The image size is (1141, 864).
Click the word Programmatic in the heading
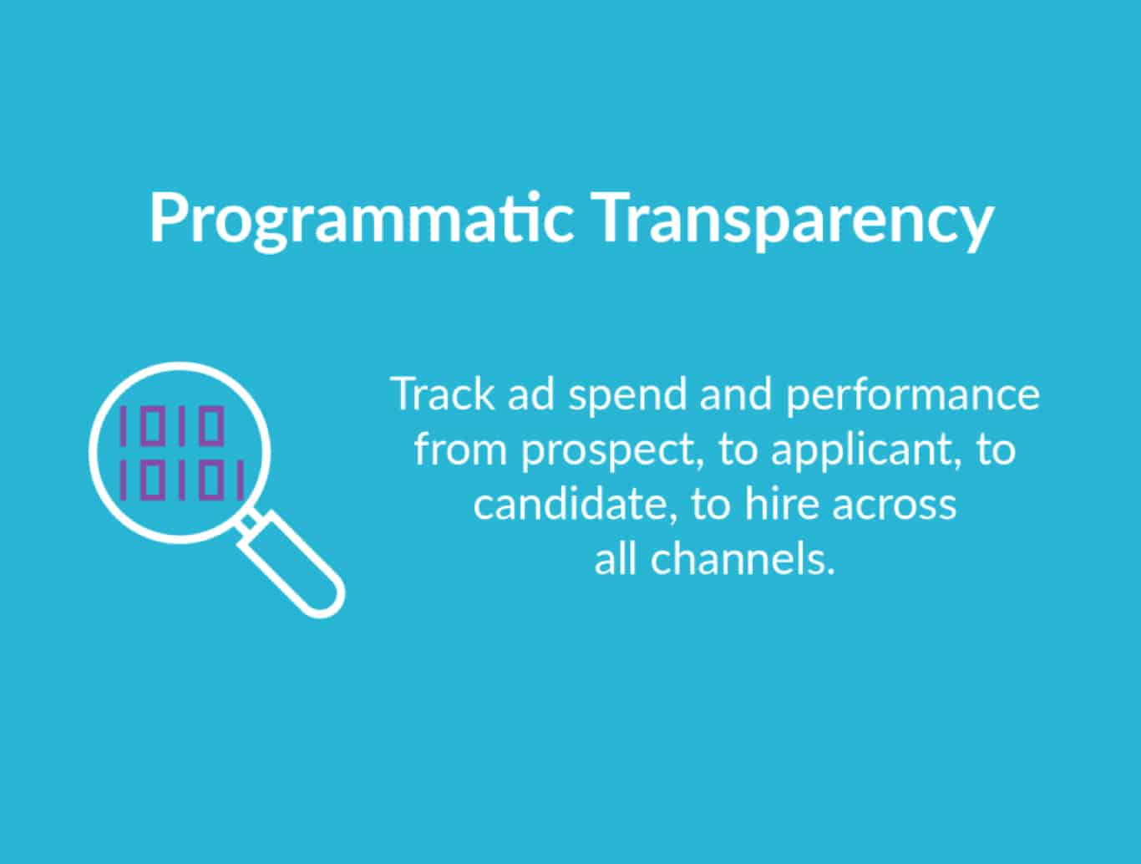point(361,219)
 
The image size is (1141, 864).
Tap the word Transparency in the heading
point(795,219)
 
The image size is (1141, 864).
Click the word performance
point(912,395)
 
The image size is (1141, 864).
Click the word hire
point(780,505)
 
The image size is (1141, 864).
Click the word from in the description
point(461,450)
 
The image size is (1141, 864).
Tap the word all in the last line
point(616,559)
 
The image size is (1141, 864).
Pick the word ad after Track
point(530,394)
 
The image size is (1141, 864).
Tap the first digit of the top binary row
point(124,425)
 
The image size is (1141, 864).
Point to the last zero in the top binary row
point(212,425)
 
